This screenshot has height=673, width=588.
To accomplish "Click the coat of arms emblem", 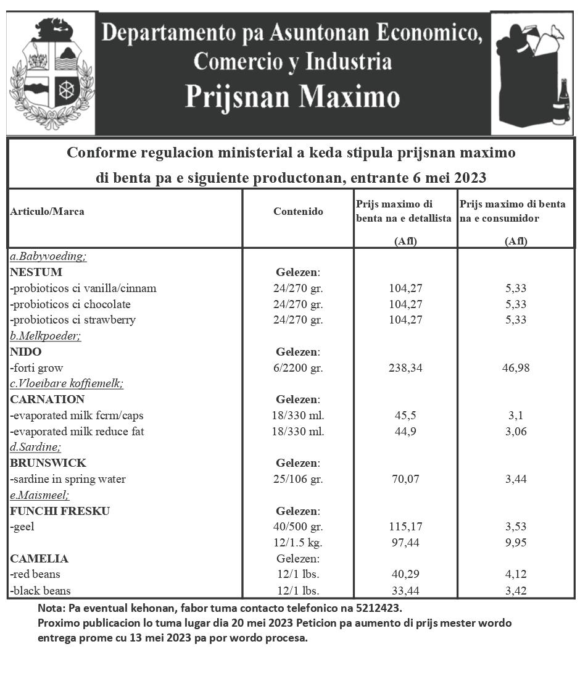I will (52, 73).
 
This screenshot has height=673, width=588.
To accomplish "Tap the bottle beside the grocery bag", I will (561, 102).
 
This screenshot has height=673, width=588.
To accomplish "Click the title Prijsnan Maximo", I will (292, 97).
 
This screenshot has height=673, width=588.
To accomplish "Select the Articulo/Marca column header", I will (48, 211).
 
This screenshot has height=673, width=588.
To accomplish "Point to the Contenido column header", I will (298, 211).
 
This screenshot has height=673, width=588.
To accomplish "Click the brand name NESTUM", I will (36, 272).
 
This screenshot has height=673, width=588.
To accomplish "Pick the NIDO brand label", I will (26, 352).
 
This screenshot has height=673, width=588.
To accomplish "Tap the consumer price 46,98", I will (516, 368).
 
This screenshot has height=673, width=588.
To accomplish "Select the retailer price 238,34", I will (405, 368).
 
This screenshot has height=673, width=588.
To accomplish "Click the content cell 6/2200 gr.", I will (298, 368).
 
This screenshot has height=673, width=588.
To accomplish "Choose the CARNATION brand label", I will (48, 399).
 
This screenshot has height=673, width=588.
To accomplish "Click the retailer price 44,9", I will (405, 432).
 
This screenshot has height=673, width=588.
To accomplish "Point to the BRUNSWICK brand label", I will (48, 463).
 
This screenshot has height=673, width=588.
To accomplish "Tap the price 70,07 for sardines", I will (405, 479).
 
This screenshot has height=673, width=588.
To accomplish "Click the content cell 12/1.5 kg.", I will (298, 543).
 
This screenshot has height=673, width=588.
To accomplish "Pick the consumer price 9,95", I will (516, 543).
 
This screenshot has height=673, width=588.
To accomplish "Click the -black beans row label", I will (41, 591).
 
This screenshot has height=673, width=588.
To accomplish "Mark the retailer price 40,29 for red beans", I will (405, 575).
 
